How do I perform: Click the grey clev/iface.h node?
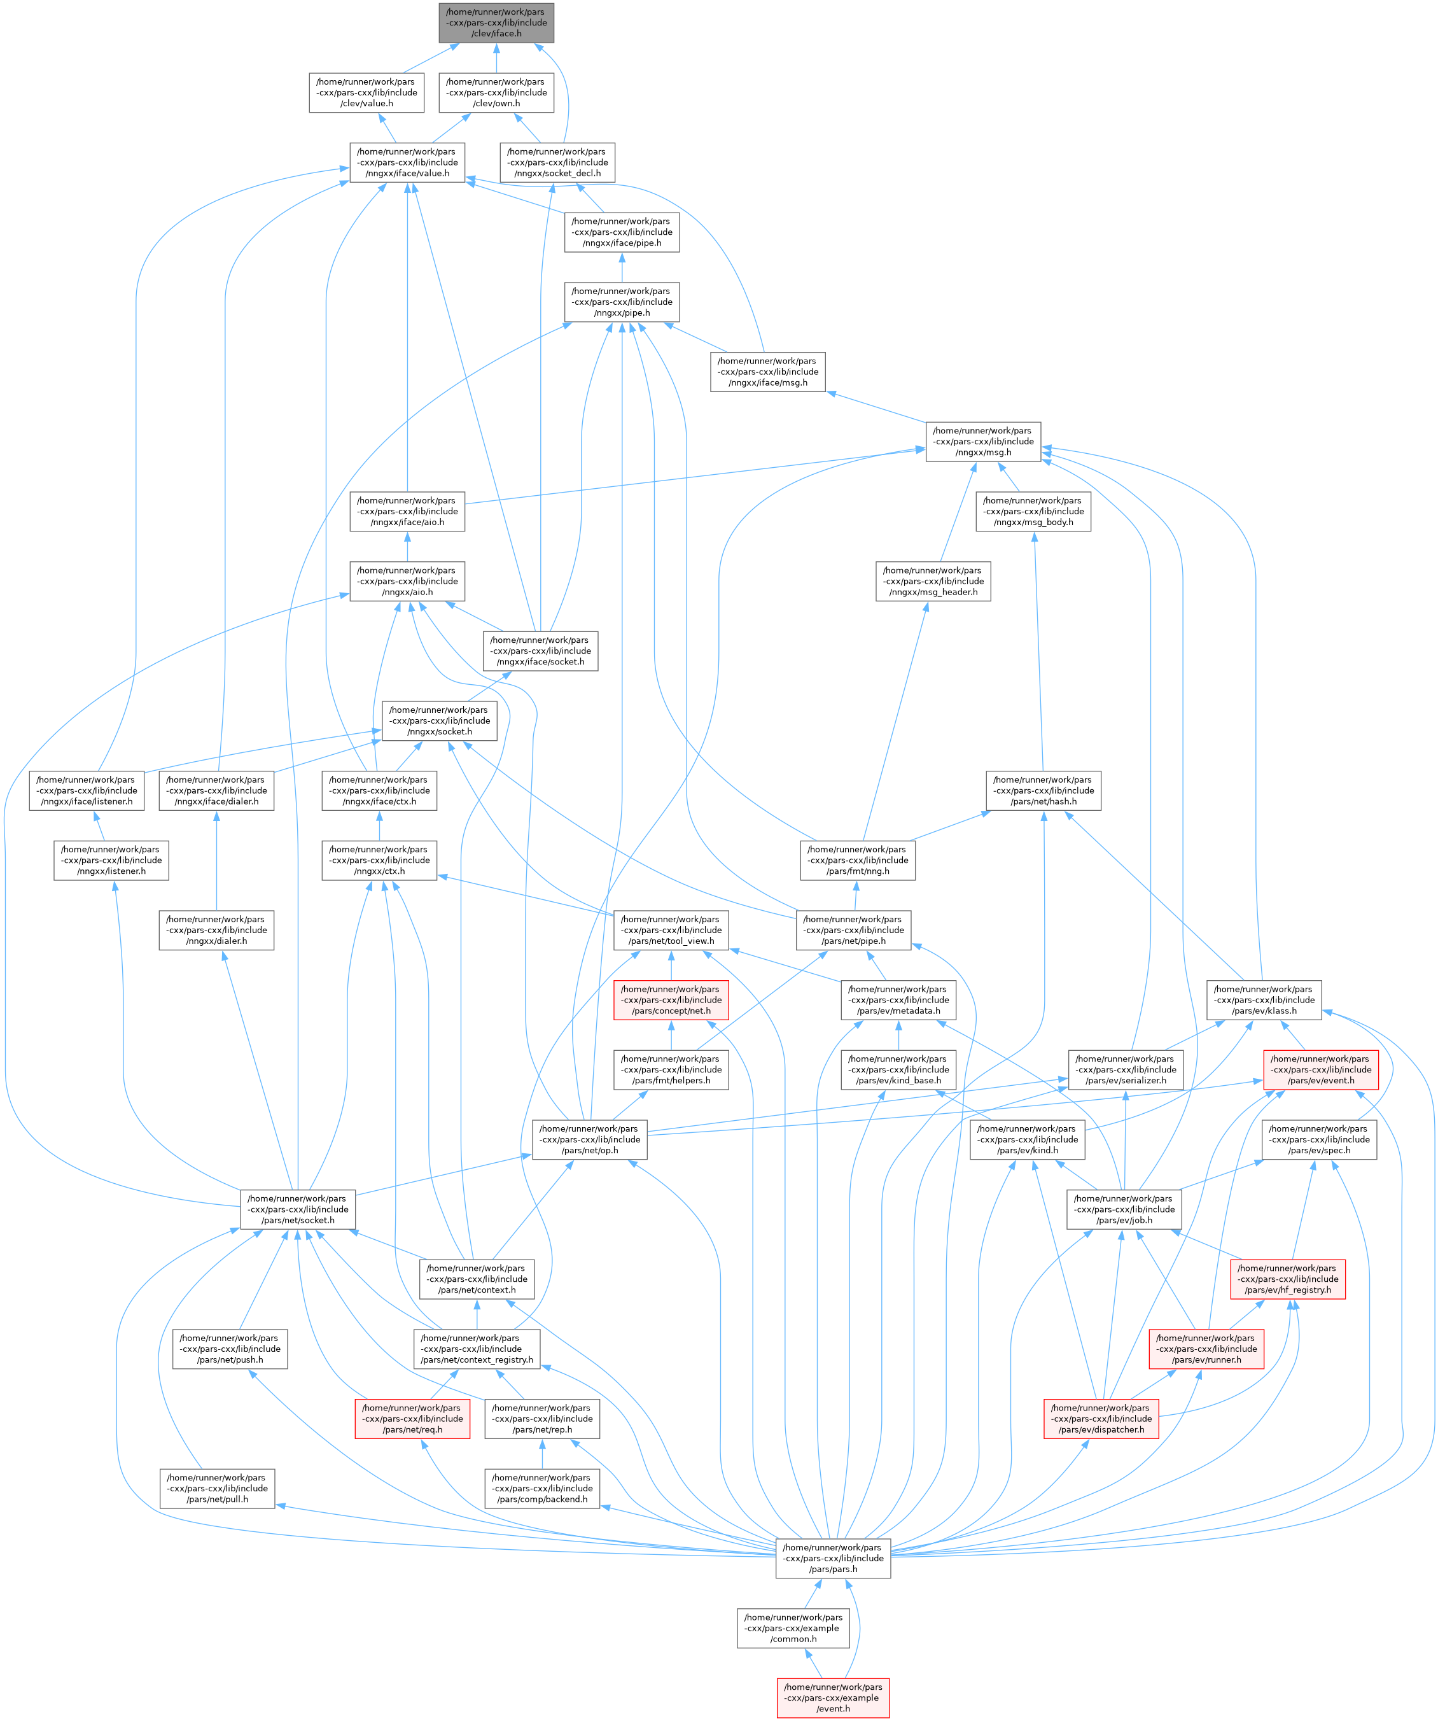[x=496, y=23]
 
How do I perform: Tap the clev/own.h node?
[x=496, y=93]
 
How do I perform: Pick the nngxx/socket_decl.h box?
[x=557, y=162]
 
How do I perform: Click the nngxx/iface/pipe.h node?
[x=621, y=232]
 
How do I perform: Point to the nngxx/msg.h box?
[x=983, y=442]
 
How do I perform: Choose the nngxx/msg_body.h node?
[x=1033, y=511]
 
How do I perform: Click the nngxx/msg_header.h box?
[x=933, y=581]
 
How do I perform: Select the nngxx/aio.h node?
[x=407, y=581]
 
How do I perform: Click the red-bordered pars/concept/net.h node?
[x=671, y=1000]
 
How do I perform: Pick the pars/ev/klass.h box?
[x=1264, y=1000]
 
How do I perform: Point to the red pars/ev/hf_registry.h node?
[x=1288, y=1279]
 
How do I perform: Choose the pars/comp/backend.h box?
[x=541, y=1488]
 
